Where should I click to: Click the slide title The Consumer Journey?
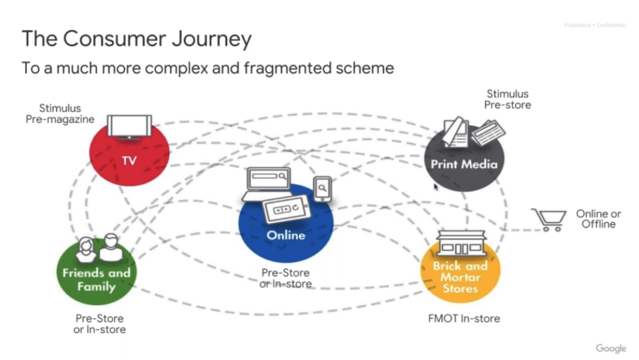(136, 39)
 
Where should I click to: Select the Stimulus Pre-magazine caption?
(60, 114)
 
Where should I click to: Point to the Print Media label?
(464, 164)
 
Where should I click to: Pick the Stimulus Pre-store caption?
(508, 99)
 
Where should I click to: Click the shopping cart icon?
(549, 219)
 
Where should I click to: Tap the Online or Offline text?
(597, 219)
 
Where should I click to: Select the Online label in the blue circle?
(286, 235)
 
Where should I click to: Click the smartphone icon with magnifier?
(323, 189)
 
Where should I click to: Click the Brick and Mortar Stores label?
(460, 277)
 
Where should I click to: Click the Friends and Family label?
(96, 279)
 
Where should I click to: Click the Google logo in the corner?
(611, 349)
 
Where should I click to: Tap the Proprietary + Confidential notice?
(594, 25)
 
